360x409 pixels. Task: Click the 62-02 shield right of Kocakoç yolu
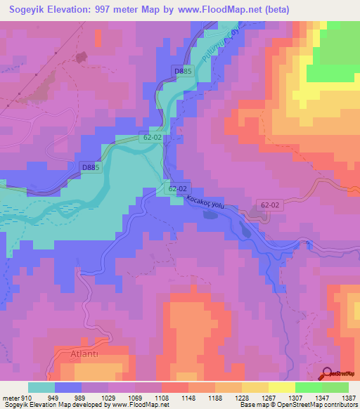click(269, 205)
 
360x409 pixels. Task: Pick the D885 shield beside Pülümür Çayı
click(183, 72)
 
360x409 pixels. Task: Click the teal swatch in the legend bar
click(41, 387)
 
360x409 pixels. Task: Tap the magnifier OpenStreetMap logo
click(328, 374)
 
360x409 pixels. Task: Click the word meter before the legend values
click(9, 397)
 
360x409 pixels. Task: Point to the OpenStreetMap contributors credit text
click(309, 405)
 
